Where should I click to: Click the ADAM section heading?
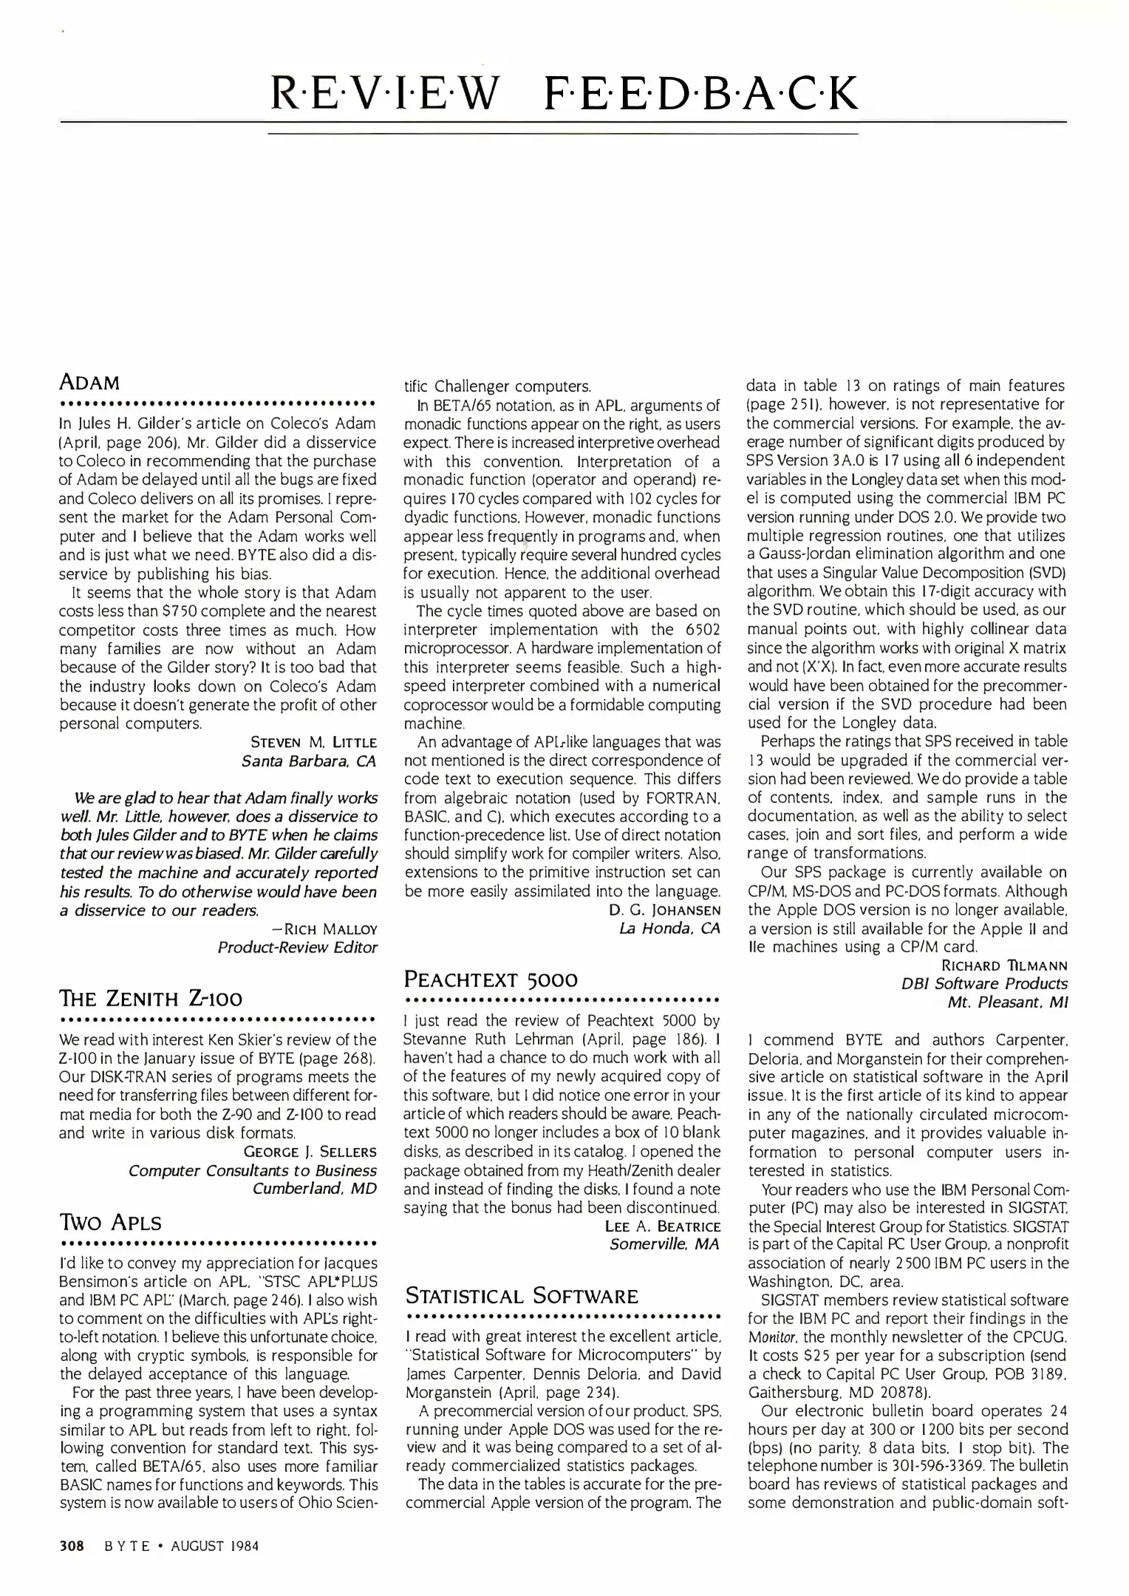point(89,383)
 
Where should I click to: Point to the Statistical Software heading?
point(522,1296)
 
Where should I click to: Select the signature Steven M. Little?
point(314,742)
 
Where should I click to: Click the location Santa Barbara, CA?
point(309,760)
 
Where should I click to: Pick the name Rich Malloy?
point(325,929)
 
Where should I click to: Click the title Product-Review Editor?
point(297,947)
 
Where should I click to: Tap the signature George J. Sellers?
point(310,1152)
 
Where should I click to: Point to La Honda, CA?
point(669,928)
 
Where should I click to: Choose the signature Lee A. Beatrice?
point(663,1227)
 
